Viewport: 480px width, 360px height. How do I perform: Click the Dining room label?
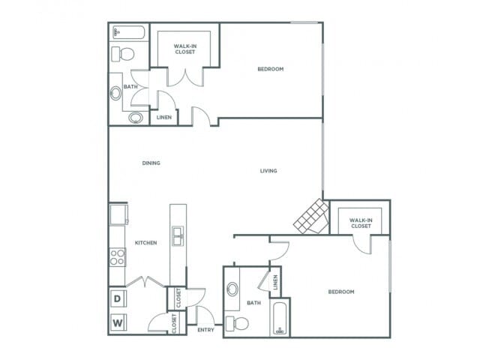(x=151, y=163)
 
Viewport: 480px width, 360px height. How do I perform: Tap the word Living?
(x=268, y=171)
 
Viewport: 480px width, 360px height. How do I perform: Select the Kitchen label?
(x=145, y=243)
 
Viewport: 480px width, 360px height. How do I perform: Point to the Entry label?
(x=205, y=330)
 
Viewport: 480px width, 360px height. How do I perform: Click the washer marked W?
(x=118, y=322)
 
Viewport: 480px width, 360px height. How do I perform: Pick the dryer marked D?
(x=118, y=298)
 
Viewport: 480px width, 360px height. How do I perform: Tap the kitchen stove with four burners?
(x=118, y=257)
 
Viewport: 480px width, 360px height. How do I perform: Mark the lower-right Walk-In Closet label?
(x=360, y=223)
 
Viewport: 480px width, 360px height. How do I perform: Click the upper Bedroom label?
(x=270, y=70)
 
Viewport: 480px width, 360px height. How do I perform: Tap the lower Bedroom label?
(x=340, y=292)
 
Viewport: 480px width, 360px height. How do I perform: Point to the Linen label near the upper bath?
(x=164, y=118)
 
